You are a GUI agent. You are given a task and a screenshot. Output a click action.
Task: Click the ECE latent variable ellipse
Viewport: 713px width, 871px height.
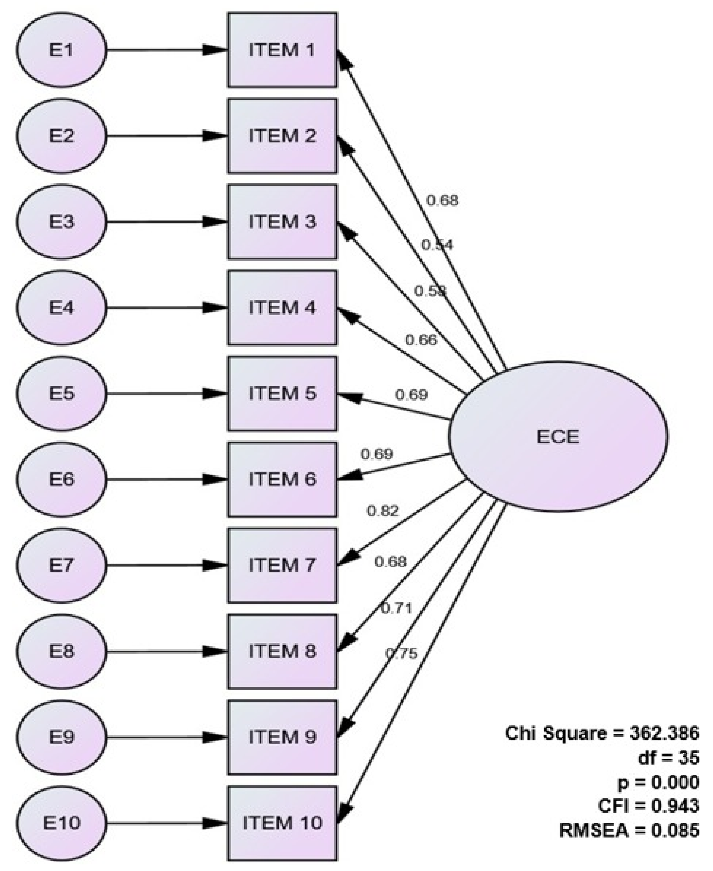558,437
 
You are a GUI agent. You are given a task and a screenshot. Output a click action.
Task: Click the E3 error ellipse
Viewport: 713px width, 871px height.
62,222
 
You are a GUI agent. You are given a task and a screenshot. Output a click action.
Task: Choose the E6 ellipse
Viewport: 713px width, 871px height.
62,479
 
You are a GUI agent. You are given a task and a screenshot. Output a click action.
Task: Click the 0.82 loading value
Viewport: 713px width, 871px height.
382,511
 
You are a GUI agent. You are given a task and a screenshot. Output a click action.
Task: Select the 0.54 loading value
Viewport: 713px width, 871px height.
437,245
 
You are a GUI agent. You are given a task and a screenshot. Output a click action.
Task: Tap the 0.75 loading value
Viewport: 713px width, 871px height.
401,653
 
